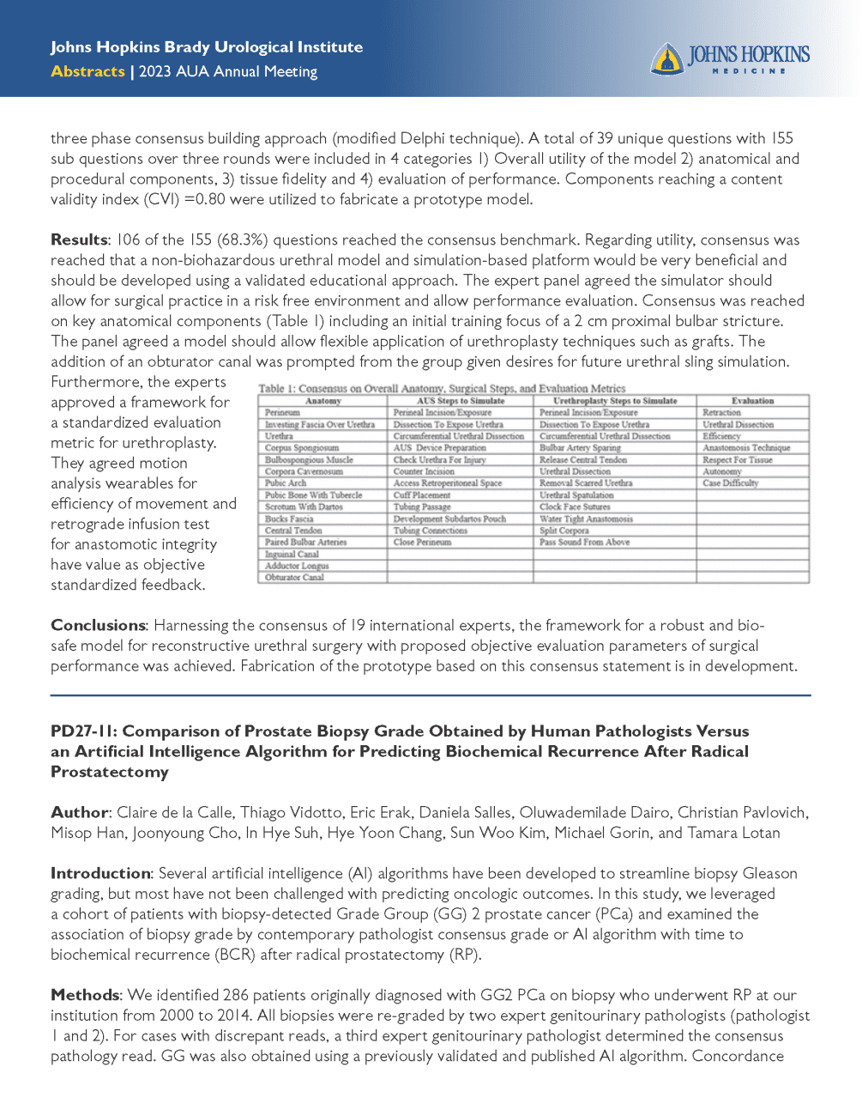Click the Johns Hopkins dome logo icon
[666, 58]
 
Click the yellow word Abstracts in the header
[87, 71]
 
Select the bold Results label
[79, 240]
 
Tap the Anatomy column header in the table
[323, 401]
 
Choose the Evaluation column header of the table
[752, 401]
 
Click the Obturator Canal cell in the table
[294, 578]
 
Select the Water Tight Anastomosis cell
[586, 519]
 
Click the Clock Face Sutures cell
[575, 506]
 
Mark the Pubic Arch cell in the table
[286, 483]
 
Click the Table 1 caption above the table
[442, 388]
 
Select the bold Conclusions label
[98, 625]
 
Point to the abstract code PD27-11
[82, 731]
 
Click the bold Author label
[79, 812]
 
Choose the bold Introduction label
[100, 873]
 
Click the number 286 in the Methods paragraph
[235, 995]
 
